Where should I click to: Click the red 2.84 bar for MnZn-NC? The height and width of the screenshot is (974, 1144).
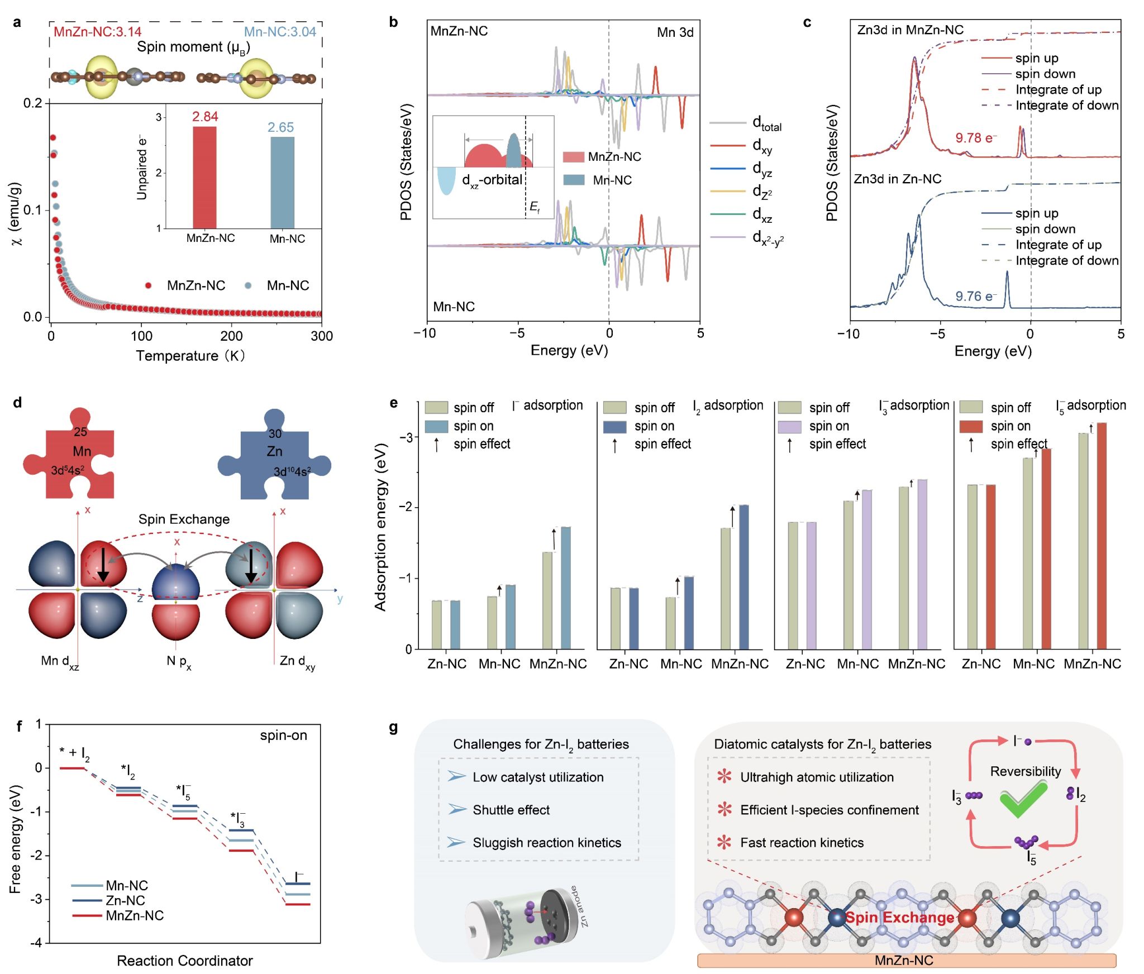204,178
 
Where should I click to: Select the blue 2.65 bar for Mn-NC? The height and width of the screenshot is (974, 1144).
282,183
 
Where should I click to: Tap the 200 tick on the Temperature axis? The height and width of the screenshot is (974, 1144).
231,336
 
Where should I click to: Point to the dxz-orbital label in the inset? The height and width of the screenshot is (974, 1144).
492,180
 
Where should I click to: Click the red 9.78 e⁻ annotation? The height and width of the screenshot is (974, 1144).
976,138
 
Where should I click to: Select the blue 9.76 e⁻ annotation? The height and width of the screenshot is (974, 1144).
976,297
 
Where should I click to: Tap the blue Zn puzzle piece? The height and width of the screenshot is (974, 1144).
274,458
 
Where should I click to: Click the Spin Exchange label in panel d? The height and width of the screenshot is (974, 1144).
184,519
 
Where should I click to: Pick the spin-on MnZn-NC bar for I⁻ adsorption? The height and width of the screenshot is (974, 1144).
565,588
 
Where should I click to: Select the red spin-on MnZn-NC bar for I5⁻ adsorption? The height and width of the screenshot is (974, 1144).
1102,536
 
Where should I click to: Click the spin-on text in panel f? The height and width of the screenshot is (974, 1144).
283,736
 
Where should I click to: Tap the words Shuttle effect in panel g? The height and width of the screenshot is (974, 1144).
511,810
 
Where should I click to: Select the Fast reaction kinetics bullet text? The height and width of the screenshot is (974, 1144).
802,843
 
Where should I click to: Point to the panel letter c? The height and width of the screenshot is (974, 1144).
807,23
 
